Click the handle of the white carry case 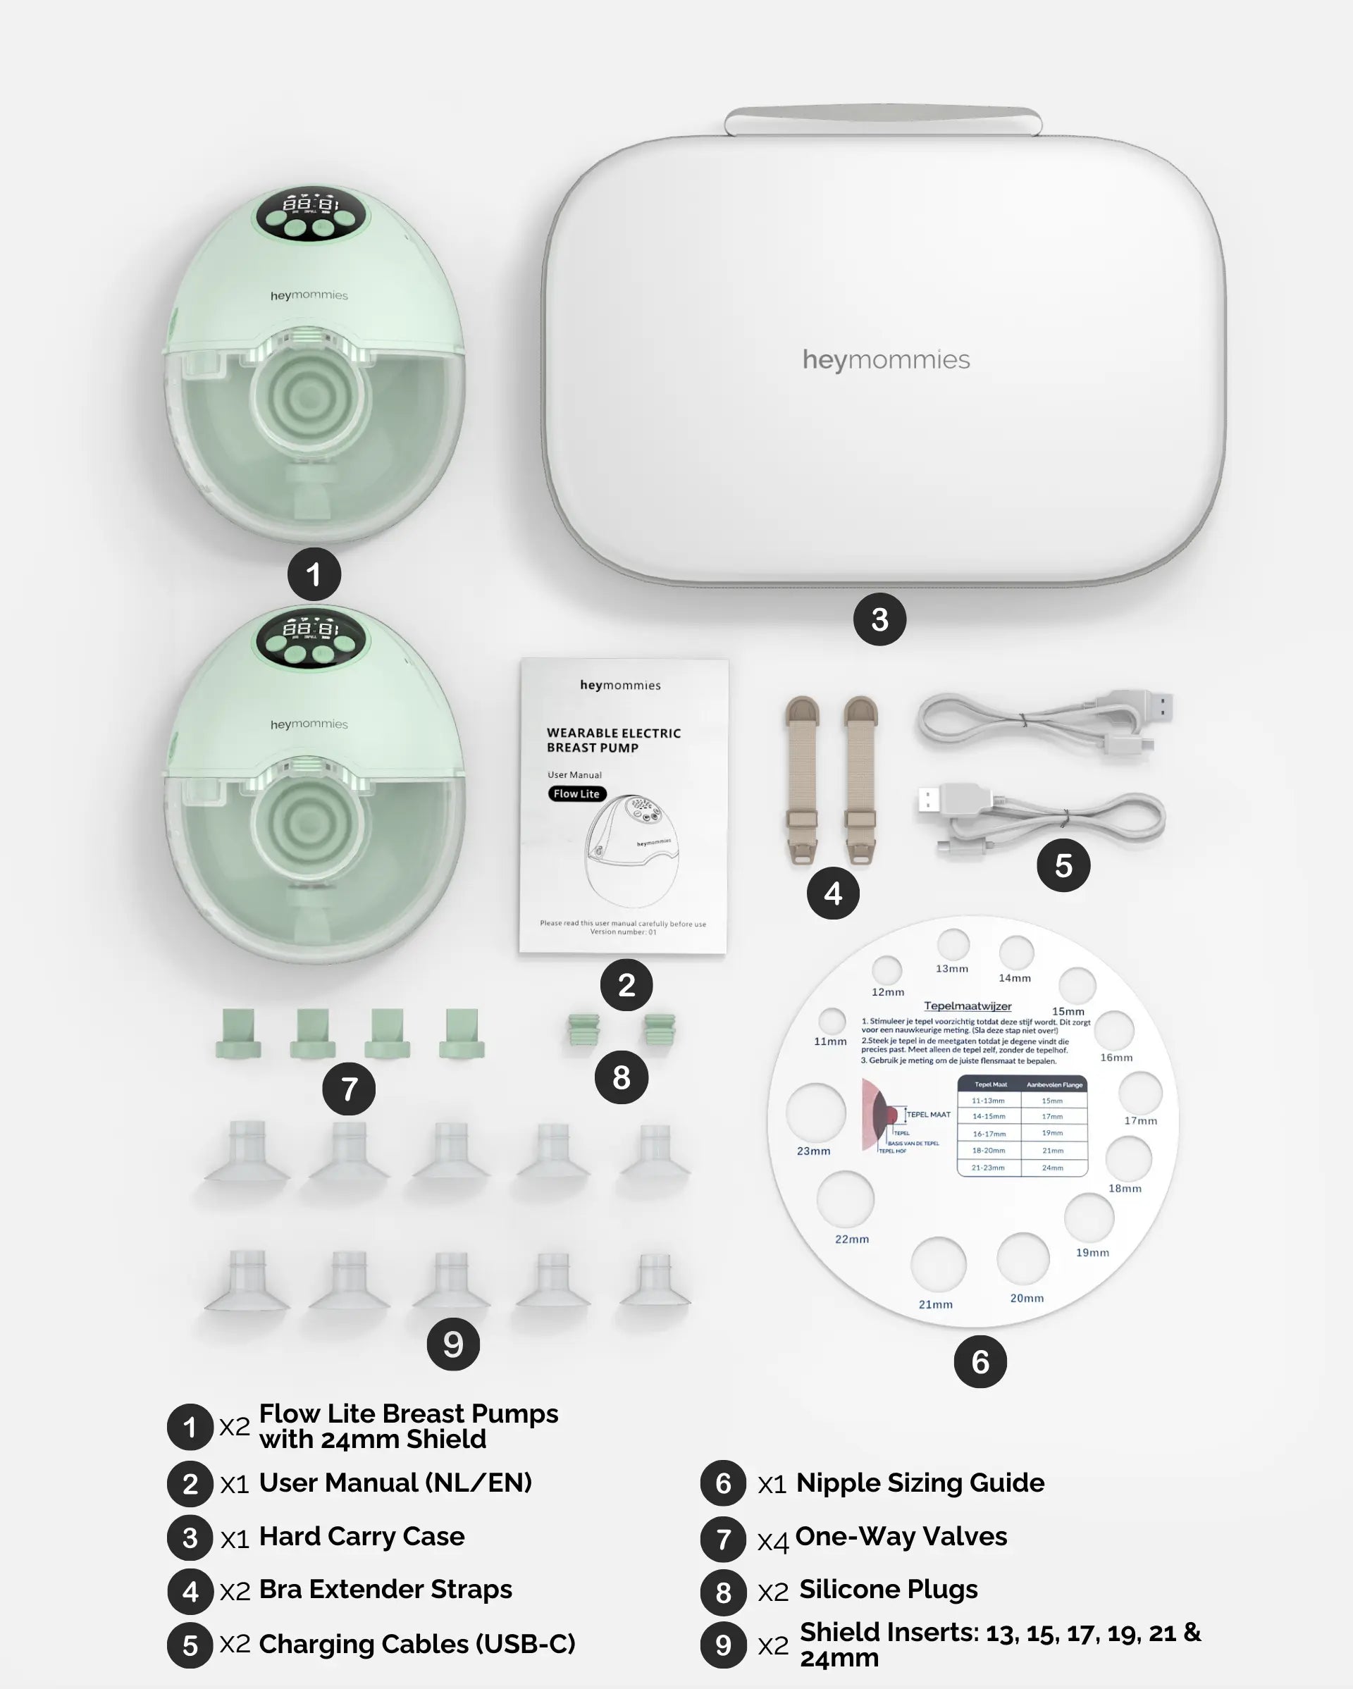tap(883, 119)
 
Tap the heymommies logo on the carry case tap(886, 359)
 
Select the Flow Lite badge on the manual tap(576, 793)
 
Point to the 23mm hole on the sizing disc tap(815, 1113)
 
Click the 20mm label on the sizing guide tap(1026, 1298)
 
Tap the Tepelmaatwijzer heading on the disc tap(968, 1006)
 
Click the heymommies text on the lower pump tap(309, 724)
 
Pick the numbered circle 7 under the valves tap(349, 1089)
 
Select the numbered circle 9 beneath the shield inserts tap(453, 1344)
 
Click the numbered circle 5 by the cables tap(1063, 866)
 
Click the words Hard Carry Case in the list tap(362, 1536)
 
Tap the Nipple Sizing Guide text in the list tap(920, 1483)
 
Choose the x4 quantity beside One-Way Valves tap(772, 1542)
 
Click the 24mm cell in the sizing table tap(1052, 1168)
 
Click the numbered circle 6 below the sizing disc tap(980, 1362)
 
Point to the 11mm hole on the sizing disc tap(832, 1021)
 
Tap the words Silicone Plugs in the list tap(888, 1590)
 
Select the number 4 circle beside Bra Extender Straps tap(190, 1592)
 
